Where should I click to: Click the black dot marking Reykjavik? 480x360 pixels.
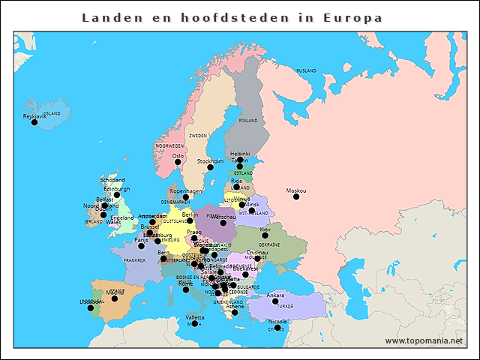click(34, 122)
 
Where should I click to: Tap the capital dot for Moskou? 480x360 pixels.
click(295, 196)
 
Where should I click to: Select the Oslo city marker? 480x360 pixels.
click(178, 162)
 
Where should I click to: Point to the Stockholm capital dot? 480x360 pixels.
click(210, 166)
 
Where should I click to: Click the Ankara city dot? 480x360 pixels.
click(274, 301)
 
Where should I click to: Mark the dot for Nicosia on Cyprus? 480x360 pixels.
click(277, 327)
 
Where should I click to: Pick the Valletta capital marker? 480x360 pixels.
click(195, 323)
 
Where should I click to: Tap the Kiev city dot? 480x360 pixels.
click(265, 235)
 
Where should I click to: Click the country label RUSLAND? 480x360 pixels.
click(307, 70)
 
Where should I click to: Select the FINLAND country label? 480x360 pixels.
click(247, 120)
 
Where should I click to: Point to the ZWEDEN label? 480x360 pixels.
click(198, 136)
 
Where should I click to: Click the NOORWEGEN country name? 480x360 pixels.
click(169, 145)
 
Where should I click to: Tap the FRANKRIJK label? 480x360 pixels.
click(134, 260)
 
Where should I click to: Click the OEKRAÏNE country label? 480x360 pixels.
click(269, 244)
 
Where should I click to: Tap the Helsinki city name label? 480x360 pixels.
click(240, 153)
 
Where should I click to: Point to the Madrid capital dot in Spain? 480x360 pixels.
click(115, 298)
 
